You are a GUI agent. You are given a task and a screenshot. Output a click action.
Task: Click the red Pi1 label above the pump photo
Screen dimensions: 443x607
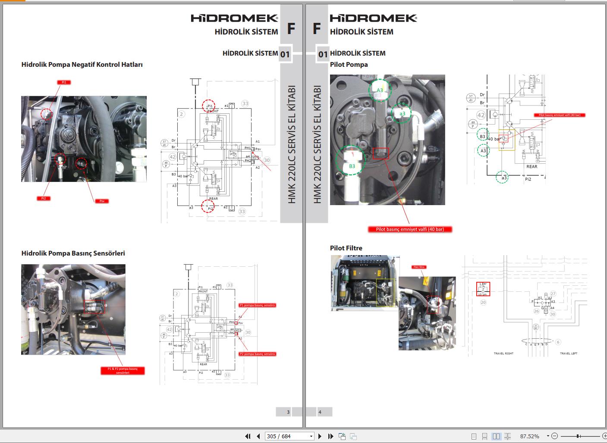64,82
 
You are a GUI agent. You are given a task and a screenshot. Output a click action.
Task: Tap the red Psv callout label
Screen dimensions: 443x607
102,201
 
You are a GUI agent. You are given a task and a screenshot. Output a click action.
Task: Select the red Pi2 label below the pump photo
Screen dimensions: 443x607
44,198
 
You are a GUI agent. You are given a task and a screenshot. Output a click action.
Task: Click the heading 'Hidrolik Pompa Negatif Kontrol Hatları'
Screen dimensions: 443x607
82,65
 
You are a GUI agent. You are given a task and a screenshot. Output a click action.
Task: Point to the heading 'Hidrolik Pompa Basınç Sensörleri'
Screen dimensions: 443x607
73,253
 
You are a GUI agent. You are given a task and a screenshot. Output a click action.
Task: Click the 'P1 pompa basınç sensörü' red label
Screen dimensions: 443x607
257,305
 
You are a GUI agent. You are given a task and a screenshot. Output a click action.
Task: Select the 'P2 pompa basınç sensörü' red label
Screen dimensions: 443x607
257,354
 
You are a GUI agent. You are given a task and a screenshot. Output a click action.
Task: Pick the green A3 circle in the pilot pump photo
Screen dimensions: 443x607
380,90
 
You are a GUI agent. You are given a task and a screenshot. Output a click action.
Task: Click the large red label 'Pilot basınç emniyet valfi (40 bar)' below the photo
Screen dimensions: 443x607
410,229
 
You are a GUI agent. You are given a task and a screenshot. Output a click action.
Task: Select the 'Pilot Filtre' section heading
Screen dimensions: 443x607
346,248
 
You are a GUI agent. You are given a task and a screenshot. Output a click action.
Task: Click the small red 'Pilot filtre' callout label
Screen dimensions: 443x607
419,267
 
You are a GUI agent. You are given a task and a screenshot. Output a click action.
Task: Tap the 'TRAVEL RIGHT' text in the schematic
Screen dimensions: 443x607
503,353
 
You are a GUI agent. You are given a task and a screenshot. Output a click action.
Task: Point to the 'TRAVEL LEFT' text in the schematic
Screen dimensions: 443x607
568,353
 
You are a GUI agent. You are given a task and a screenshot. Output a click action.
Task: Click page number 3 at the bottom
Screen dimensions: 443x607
288,412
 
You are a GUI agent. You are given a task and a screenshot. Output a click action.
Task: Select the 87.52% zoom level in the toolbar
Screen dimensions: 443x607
529,436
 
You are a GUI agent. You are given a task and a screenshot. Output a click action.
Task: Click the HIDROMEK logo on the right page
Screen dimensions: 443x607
373,18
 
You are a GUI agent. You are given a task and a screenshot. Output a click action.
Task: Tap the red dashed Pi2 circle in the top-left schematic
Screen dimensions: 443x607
210,207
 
